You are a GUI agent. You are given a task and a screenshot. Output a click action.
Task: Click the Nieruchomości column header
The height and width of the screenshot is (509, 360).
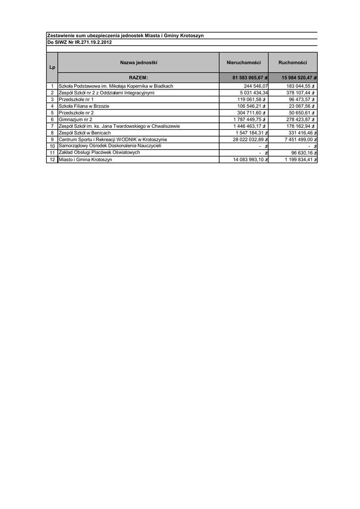[244, 63]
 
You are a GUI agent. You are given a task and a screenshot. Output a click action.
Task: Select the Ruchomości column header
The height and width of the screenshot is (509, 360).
[292, 63]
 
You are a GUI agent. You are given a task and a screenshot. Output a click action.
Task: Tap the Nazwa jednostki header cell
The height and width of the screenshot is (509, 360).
[139, 63]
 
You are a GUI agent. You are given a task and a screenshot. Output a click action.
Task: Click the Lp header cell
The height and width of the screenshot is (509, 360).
[52, 67]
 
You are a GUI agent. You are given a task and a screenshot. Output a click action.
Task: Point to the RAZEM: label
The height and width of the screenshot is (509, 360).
[139, 78]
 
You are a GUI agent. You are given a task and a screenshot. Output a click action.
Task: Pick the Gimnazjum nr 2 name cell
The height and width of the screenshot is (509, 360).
[75, 119]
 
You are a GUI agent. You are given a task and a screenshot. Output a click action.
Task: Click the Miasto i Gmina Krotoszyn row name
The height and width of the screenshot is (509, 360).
[86, 160]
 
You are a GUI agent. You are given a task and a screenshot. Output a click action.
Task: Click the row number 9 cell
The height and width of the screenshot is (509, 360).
[52, 140]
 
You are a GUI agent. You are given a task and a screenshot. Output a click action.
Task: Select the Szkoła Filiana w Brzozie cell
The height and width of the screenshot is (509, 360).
[84, 106]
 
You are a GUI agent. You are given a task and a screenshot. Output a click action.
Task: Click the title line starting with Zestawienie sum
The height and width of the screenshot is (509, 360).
[125, 36]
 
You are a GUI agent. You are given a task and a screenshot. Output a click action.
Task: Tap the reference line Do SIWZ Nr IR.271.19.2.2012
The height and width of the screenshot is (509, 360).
[79, 42]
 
